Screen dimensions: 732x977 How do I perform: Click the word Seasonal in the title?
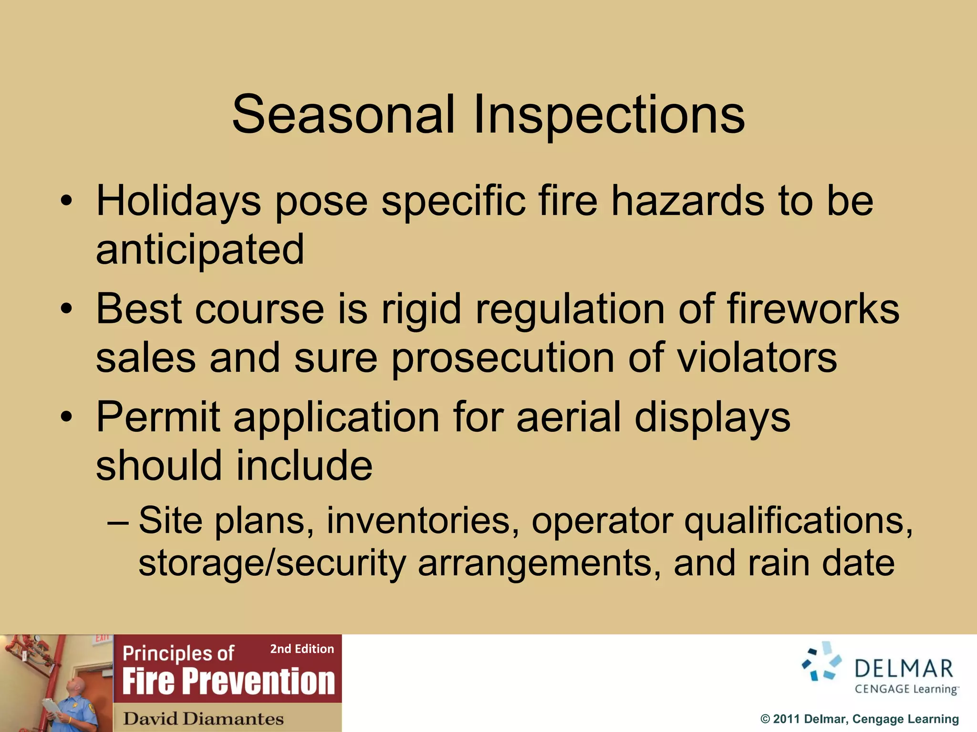343,114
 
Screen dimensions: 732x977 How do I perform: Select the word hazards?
687,200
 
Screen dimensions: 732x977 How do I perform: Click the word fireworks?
812,309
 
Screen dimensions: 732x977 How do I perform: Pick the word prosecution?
503,358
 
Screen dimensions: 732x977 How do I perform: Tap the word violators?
757,357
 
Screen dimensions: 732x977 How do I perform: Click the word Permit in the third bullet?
158,417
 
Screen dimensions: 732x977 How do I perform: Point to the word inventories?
423,520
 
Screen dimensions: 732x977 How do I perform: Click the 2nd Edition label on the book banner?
302,649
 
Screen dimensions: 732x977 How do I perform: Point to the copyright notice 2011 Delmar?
859,719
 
